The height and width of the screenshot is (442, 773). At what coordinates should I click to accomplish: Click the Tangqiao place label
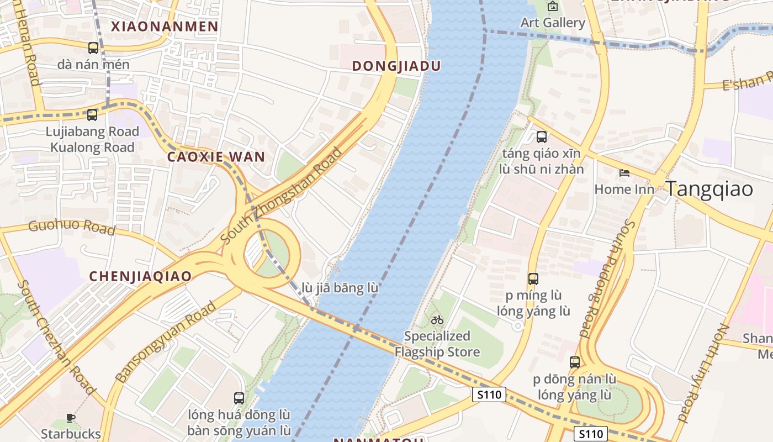[x=709, y=189]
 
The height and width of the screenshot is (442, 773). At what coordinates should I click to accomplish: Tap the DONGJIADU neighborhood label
[x=396, y=66]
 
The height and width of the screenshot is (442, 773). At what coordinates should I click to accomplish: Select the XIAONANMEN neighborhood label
[x=165, y=26]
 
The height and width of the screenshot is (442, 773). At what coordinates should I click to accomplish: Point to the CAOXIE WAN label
[x=216, y=157]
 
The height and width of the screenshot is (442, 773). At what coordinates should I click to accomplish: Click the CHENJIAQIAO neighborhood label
[x=140, y=276]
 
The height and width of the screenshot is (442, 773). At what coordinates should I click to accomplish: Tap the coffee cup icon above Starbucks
[x=70, y=418]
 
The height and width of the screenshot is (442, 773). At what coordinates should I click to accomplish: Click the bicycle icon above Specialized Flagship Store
[x=437, y=319]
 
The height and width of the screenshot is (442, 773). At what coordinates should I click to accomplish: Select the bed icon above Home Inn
[x=624, y=173]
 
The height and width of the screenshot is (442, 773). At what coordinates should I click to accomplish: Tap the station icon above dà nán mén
[x=93, y=48]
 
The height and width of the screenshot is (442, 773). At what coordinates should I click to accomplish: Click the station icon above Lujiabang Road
[x=92, y=115]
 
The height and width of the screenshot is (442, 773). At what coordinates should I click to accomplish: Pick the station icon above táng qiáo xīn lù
[x=541, y=136]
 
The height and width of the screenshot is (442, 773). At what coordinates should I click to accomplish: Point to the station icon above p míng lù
[x=533, y=279]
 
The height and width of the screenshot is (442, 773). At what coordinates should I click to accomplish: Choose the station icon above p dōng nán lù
[x=575, y=362]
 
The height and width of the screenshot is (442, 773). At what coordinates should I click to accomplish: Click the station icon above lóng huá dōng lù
[x=239, y=398]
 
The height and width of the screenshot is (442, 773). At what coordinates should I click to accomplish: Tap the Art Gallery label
[x=553, y=23]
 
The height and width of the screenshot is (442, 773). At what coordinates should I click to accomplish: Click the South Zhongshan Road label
[x=282, y=196]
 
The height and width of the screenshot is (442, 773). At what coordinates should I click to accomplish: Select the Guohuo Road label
[x=71, y=227]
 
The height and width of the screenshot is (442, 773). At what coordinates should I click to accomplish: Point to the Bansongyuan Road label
[x=166, y=343]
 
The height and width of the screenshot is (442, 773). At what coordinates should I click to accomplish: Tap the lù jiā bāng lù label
[x=340, y=288]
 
